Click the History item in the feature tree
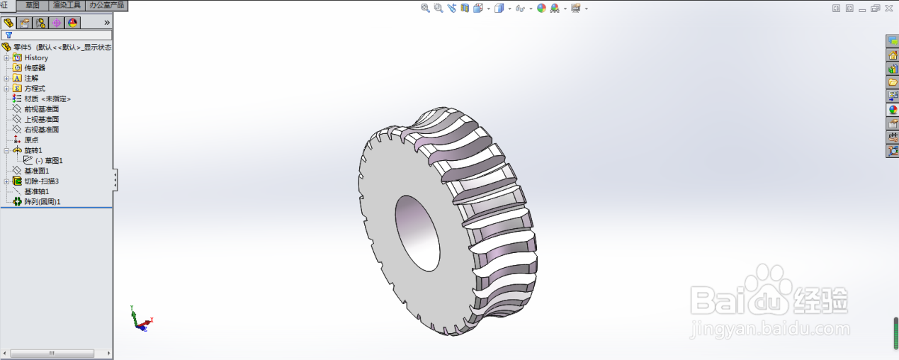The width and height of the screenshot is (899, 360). [36, 57]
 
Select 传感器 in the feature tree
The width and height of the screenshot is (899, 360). [35, 68]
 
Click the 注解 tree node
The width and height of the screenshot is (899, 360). [32, 78]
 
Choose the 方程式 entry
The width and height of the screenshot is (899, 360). [35, 89]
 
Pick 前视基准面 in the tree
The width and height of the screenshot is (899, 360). [41, 109]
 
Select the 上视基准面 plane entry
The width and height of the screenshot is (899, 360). [41, 120]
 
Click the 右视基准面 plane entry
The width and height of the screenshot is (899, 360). [41, 130]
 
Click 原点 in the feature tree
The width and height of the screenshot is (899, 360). [31, 140]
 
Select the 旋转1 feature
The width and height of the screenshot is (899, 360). [33, 150]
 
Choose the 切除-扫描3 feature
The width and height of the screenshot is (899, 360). [42, 181]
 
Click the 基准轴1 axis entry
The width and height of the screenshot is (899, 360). [37, 191]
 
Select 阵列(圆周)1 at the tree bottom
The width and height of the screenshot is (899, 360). [43, 202]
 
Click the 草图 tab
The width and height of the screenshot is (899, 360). [33, 5]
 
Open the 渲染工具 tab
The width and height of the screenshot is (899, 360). [67, 5]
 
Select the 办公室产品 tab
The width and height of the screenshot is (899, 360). [106, 5]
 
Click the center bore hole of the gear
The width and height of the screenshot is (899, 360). [417, 232]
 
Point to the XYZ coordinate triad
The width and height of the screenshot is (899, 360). [140, 320]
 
